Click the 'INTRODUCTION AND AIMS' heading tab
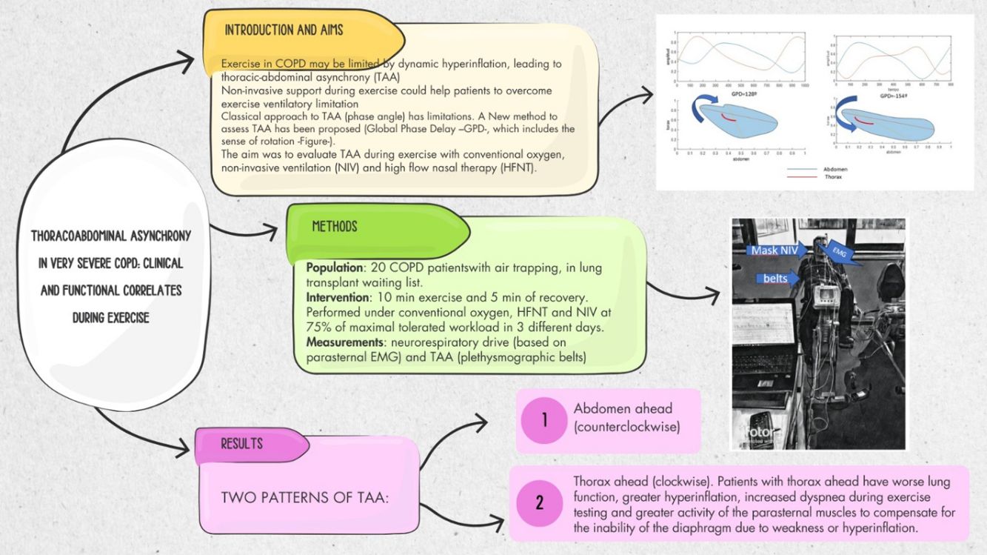point(284,30)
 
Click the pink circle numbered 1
point(544,421)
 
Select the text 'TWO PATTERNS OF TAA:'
point(304,497)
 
